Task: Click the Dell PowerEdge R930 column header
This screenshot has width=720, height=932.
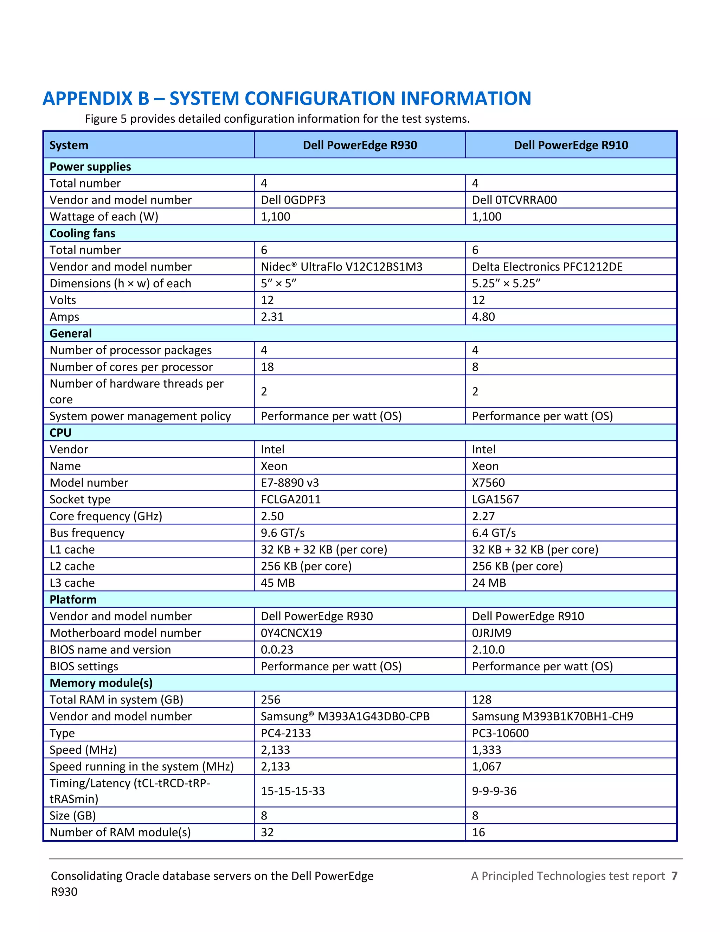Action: coord(360,145)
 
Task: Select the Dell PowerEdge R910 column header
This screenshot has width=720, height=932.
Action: coord(571,145)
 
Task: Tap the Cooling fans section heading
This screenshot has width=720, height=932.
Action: coord(82,234)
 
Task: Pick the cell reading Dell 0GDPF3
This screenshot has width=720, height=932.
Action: coord(293,200)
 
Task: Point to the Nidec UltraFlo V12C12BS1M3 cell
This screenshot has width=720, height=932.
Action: coord(341,267)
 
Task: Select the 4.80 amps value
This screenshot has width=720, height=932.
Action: coord(483,317)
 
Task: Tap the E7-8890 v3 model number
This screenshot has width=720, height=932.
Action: coord(290,483)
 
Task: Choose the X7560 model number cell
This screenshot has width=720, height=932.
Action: coord(488,483)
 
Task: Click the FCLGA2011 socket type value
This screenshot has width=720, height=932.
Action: coord(290,499)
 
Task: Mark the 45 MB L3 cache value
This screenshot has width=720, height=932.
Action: coord(278,583)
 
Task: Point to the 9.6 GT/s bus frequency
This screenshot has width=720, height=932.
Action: coord(282,533)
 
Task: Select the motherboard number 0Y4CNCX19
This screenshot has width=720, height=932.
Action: coord(291,633)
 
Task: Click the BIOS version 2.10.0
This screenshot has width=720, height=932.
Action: coord(488,650)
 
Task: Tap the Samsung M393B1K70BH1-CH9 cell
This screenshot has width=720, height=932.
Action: coord(552,716)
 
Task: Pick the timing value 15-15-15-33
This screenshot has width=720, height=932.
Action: coord(292,791)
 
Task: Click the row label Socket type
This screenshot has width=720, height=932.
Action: coord(80,499)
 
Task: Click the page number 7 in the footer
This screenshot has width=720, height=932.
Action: coord(674,876)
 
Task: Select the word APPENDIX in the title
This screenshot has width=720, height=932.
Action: coord(96,98)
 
